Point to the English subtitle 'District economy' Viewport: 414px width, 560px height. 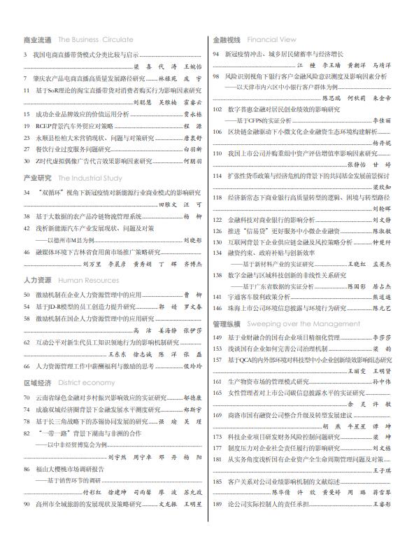click(x=87, y=383)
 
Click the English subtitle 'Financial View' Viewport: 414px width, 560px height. click(x=271, y=40)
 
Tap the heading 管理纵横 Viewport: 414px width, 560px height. click(x=227, y=324)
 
